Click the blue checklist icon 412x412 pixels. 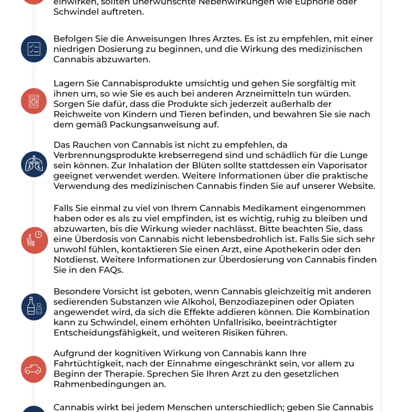(x=33, y=49)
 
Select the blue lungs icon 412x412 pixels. (x=33, y=165)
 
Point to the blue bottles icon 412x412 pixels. (x=34, y=305)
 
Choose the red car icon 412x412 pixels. (x=33, y=369)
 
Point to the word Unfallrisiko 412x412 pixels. (x=220, y=322)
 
